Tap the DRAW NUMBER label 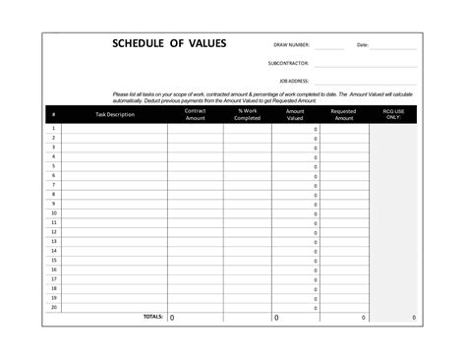click(x=292, y=45)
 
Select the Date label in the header click(x=362, y=45)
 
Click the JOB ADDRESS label click(x=294, y=81)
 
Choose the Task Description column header click(x=115, y=114)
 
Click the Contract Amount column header click(x=195, y=114)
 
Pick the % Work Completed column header click(x=248, y=114)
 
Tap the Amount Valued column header click(x=295, y=114)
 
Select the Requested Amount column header click(x=343, y=114)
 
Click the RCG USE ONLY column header click(x=392, y=114)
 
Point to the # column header click(x=53, y=114)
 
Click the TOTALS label click(x=152, y=317)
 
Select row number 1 click(x=53, y=129)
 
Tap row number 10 click(x=53, y=213)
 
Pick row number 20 click(x=53, y=307)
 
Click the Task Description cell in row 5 click(x=115, y=166)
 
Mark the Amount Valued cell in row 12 click(x=295, y=232)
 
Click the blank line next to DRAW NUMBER click(x=329, y=46)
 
